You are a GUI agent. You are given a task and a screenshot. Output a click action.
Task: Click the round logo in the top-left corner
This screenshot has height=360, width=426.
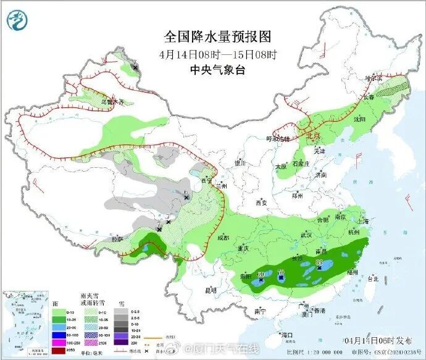coord(19,20)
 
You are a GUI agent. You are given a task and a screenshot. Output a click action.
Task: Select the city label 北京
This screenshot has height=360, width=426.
coord(313,135)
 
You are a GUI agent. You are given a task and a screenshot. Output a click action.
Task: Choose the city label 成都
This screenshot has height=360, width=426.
coord(222,238)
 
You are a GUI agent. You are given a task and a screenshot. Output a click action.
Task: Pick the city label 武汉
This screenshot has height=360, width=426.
coord(306,235)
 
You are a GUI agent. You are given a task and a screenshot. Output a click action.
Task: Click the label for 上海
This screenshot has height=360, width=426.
coord(362,222)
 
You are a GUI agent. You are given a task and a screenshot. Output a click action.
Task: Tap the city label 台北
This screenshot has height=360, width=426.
coord(373,278)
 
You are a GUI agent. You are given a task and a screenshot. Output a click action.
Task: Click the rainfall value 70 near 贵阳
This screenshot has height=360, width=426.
coord(281,272)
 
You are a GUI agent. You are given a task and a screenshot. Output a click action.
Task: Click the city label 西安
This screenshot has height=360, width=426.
coord(261,202)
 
